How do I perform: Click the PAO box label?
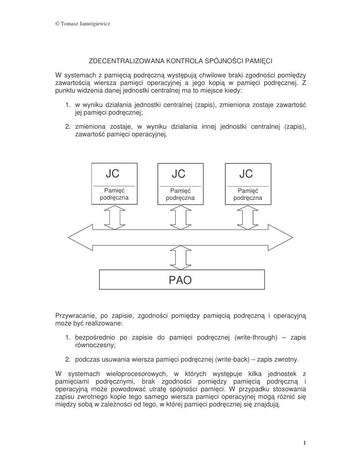[180, 280]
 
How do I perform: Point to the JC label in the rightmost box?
[246, 174]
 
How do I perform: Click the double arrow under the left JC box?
[114, 218]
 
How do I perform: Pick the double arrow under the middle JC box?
[180, 218]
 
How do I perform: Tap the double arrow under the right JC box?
[247, 218]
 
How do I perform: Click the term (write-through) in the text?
[255, 337]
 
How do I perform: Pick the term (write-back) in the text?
[227, 360]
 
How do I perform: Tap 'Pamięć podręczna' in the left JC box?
[114, 195]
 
